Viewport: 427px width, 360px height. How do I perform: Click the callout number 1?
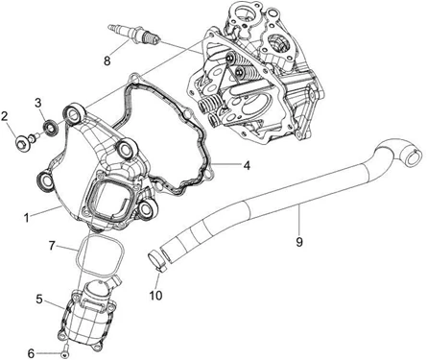pyautogui.click(x=27, y=218)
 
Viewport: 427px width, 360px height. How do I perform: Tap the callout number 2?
pyautogui.click(x=5, y=116)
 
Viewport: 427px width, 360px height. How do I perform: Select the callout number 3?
pyautogui.click(x=38, y=103)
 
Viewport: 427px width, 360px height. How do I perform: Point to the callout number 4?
pyautogui.click(x=247, y=165)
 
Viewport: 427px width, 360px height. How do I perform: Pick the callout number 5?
pyautogui.click(x=39, y=300)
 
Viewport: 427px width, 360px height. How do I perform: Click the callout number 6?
pyautogui.click(x=31, y=353)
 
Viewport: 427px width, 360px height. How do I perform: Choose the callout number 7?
pyautogui.click(x=53, y=246)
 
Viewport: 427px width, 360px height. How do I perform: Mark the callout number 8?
pyautogui.click(x=107, y=60)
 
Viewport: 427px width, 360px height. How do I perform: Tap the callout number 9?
pyautogui.click(x=299, y=242)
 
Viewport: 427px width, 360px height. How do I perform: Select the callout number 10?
pyautogui.click(x=156, y=295)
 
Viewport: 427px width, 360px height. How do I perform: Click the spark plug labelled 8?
pyautogui.click(x=133, y=35)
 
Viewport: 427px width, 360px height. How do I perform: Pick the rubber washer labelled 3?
pyautogui.click(x=51, y=128)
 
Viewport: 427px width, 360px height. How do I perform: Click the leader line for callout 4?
pyautogui.click(x=226, y=165)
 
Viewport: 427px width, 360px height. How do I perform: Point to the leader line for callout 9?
pyautogui.click(x=298, y=220)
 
